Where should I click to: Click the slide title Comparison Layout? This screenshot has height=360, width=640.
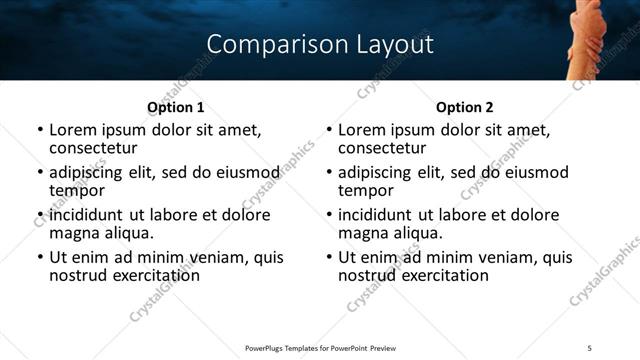320,44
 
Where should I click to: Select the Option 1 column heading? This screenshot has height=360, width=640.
175,107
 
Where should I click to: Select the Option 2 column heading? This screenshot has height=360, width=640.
465,107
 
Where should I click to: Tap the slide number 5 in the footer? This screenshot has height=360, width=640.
590,348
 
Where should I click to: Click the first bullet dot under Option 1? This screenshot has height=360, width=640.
40,131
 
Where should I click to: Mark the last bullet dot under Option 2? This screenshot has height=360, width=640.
329,258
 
